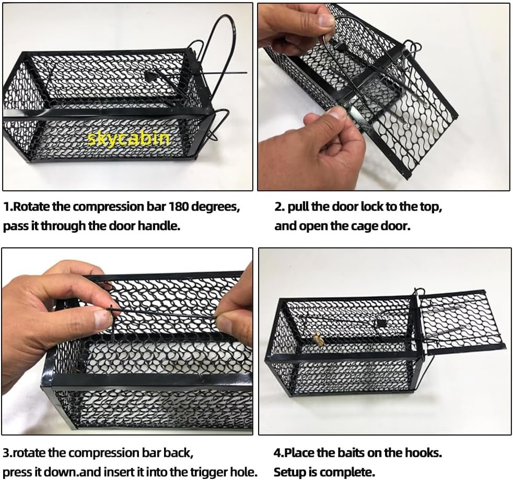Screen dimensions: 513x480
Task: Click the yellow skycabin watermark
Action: click(x=129, y=139)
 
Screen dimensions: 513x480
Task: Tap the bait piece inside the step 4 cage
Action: click(x=318, y=338)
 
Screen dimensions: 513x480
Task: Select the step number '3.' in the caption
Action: click(x=7, y=453)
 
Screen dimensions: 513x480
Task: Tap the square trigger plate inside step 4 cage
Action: click(x=381, y=324)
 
